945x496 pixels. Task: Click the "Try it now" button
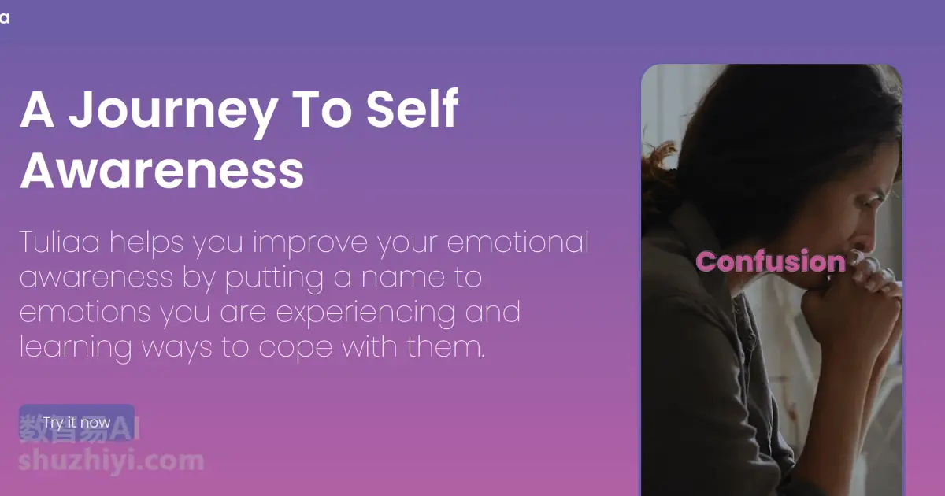point(77,423)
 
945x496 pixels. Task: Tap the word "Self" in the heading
point(412,108)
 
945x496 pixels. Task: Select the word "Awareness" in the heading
point(162,170)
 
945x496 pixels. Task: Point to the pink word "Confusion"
point(771,261)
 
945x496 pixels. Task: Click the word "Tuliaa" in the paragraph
point(60,242)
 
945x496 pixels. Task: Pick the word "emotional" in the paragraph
point(517,242)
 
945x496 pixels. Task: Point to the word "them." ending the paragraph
point(446,346)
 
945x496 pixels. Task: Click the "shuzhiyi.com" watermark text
point(111,461)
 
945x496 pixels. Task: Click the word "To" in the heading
point(322,109)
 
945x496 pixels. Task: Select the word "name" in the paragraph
point(402,277)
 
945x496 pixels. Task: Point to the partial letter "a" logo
point(5,18)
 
